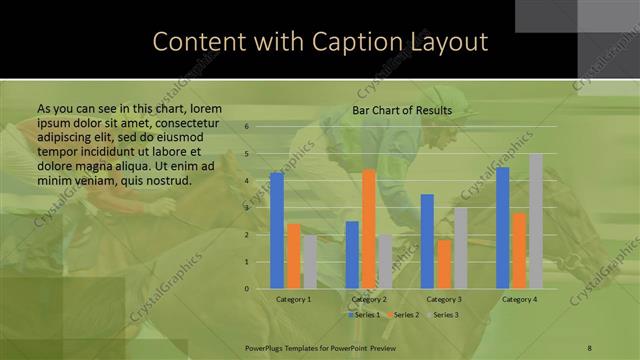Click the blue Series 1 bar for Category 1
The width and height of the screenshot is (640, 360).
pyautogui.click(x=277, y=230)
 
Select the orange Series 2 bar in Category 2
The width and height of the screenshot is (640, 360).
pyautogui.click(x=369, y=229)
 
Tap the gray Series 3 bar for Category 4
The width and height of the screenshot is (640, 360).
pyautogui.click(x=536, y=221)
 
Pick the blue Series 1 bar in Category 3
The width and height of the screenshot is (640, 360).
pyautogui.click(x=427, y=241)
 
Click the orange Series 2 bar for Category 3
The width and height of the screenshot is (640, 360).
pyautogui.click(x=444, y=264)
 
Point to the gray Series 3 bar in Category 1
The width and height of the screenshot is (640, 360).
pyautogui.click(x=310, y=262)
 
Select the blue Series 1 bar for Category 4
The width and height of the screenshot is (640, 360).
pyautogui.click(x=502, y=228)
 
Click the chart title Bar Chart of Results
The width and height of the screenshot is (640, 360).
pyautogui.click(x=401, y=110)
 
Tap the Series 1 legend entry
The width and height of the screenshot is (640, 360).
pyautogui.click(x=363, y=315)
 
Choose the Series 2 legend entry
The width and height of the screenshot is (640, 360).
pyautogui.click(x=403, y=315)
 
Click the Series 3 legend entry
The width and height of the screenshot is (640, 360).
pyautogui.click(x=443, y=315)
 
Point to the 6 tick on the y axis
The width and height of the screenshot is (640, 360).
pyautogui.click(x=247, y=127)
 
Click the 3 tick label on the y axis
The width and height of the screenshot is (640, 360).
pyautogui.click(x=247, y=208)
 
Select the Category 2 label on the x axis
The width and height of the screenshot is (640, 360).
pyautogui.click(x=369, y=300)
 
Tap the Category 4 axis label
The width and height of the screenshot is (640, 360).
pyautogui.click(x=519, y=300)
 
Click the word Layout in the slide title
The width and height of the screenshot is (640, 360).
pyautogui.click(x=446, y=42)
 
